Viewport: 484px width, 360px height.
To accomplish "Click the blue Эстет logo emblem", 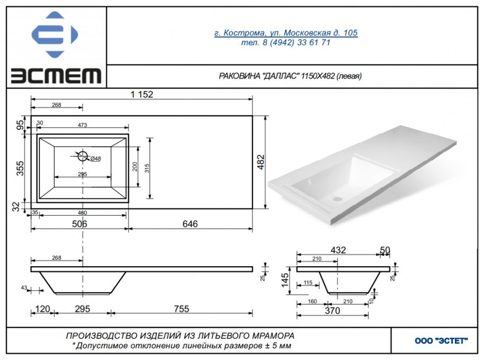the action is (x=55, y=34).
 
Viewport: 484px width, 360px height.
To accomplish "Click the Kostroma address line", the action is (x=286, y=33).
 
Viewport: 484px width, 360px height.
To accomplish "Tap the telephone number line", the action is (x=286, y=42).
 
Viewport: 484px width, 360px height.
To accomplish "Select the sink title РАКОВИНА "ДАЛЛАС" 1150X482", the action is (x=290, y=76).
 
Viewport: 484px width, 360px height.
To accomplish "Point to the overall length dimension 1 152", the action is (x=142, y=94).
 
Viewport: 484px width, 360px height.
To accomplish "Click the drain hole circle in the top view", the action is (x=83, y=156).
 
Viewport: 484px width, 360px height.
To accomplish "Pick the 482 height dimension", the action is (x=261, y=162).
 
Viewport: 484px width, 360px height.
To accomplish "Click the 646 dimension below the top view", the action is (x=190, y=224).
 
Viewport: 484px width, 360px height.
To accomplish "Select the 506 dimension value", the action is (x=80, y=224).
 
